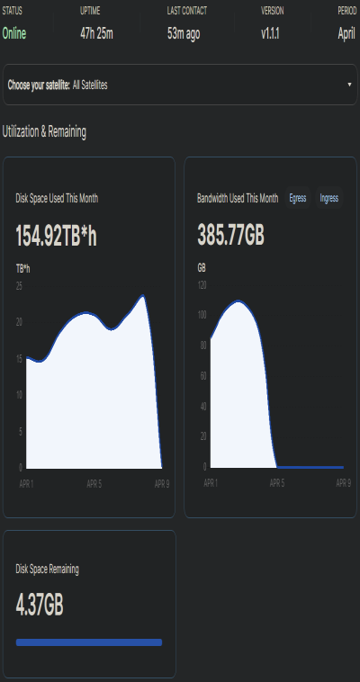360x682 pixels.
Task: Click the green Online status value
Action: [x=14, y=34]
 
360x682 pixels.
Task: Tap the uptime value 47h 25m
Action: [x=96, y=34]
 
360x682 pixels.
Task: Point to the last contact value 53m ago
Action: [x=184, y=34]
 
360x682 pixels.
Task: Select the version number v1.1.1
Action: [x=270, y=34]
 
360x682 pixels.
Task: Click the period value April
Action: [x=346, y=34]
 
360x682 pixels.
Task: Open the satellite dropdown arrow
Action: [x=349, y=85]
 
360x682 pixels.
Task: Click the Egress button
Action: [x=298, y=198]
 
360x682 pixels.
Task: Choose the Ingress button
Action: [x=329, y=198]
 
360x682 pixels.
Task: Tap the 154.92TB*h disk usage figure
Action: [x=56, y=236]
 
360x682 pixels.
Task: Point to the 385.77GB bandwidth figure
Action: [x=230, y=235]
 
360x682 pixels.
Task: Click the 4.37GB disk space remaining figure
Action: [x=40, y=605]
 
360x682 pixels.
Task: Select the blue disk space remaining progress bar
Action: [x=89, y=642]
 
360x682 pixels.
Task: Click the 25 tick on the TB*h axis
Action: [x=19, y=286]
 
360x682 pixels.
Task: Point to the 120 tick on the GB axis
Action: [x=202, y=285]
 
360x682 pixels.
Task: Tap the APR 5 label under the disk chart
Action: [x=94, y=484]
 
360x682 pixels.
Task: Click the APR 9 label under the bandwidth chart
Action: [x=344, y=483]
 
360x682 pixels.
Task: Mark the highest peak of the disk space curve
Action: [x=143, y=296]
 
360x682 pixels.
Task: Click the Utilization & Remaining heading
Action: [x=44, y=131]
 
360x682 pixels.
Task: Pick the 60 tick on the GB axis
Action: [x=203, y=376]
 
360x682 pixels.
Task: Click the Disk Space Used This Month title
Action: [x=57, y=199]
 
